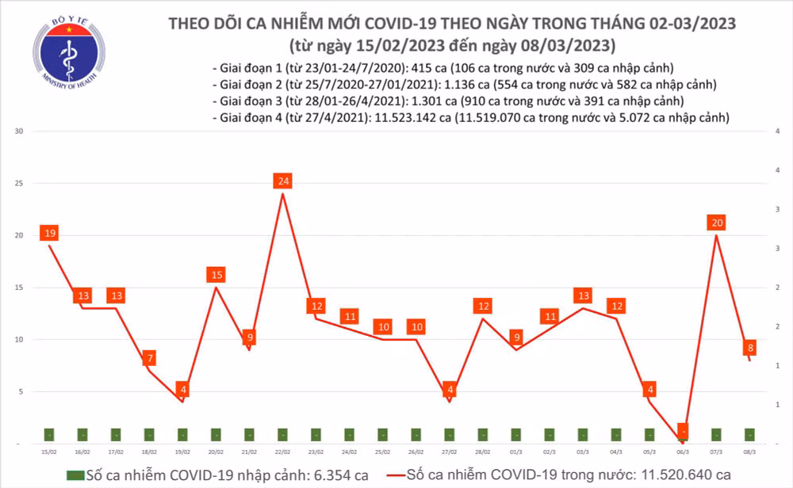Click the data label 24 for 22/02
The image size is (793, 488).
tap(283, 181)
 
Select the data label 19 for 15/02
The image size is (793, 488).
tap(49, 233)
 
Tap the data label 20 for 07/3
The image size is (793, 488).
tap(717, 223)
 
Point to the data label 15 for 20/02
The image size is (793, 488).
tap(216, 275)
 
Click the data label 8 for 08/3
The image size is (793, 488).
tap(750, 347)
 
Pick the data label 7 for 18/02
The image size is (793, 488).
tap(150, 359)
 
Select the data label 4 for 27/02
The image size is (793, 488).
tap(450, 390)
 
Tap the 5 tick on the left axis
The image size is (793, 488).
tap(21, 391)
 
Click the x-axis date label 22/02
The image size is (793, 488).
tap(282, 452)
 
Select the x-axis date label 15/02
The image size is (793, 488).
tap(49, 452)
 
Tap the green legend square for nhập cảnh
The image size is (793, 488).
tap(74, 475)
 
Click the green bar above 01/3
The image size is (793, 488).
tap(516, 434)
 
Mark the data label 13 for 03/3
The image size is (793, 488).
tap(583, 296)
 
